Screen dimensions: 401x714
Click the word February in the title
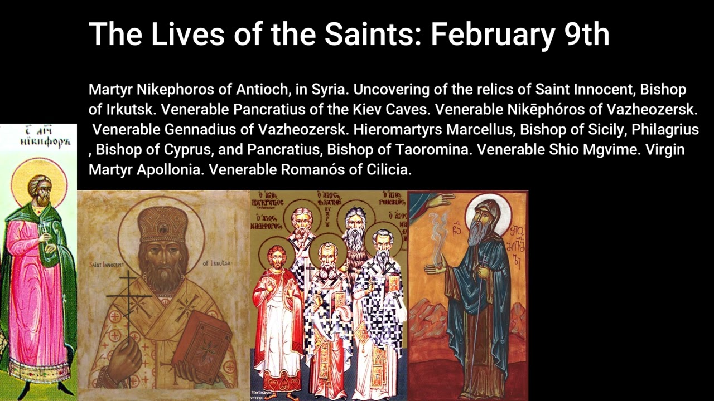pos(486,35)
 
